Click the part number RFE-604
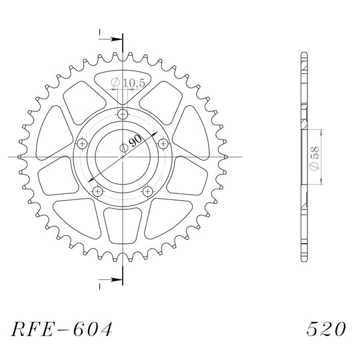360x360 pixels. point(62,329)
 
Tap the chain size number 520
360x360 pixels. point(326,329)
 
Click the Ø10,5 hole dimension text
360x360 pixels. point(128,83)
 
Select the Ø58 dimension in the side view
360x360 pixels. point(314,157)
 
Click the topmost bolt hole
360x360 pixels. point(123,114)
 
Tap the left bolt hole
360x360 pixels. point(82,144)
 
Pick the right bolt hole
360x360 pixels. point(163,144)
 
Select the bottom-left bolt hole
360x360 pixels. point(98,191)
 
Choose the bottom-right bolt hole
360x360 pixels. point(147,191)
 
